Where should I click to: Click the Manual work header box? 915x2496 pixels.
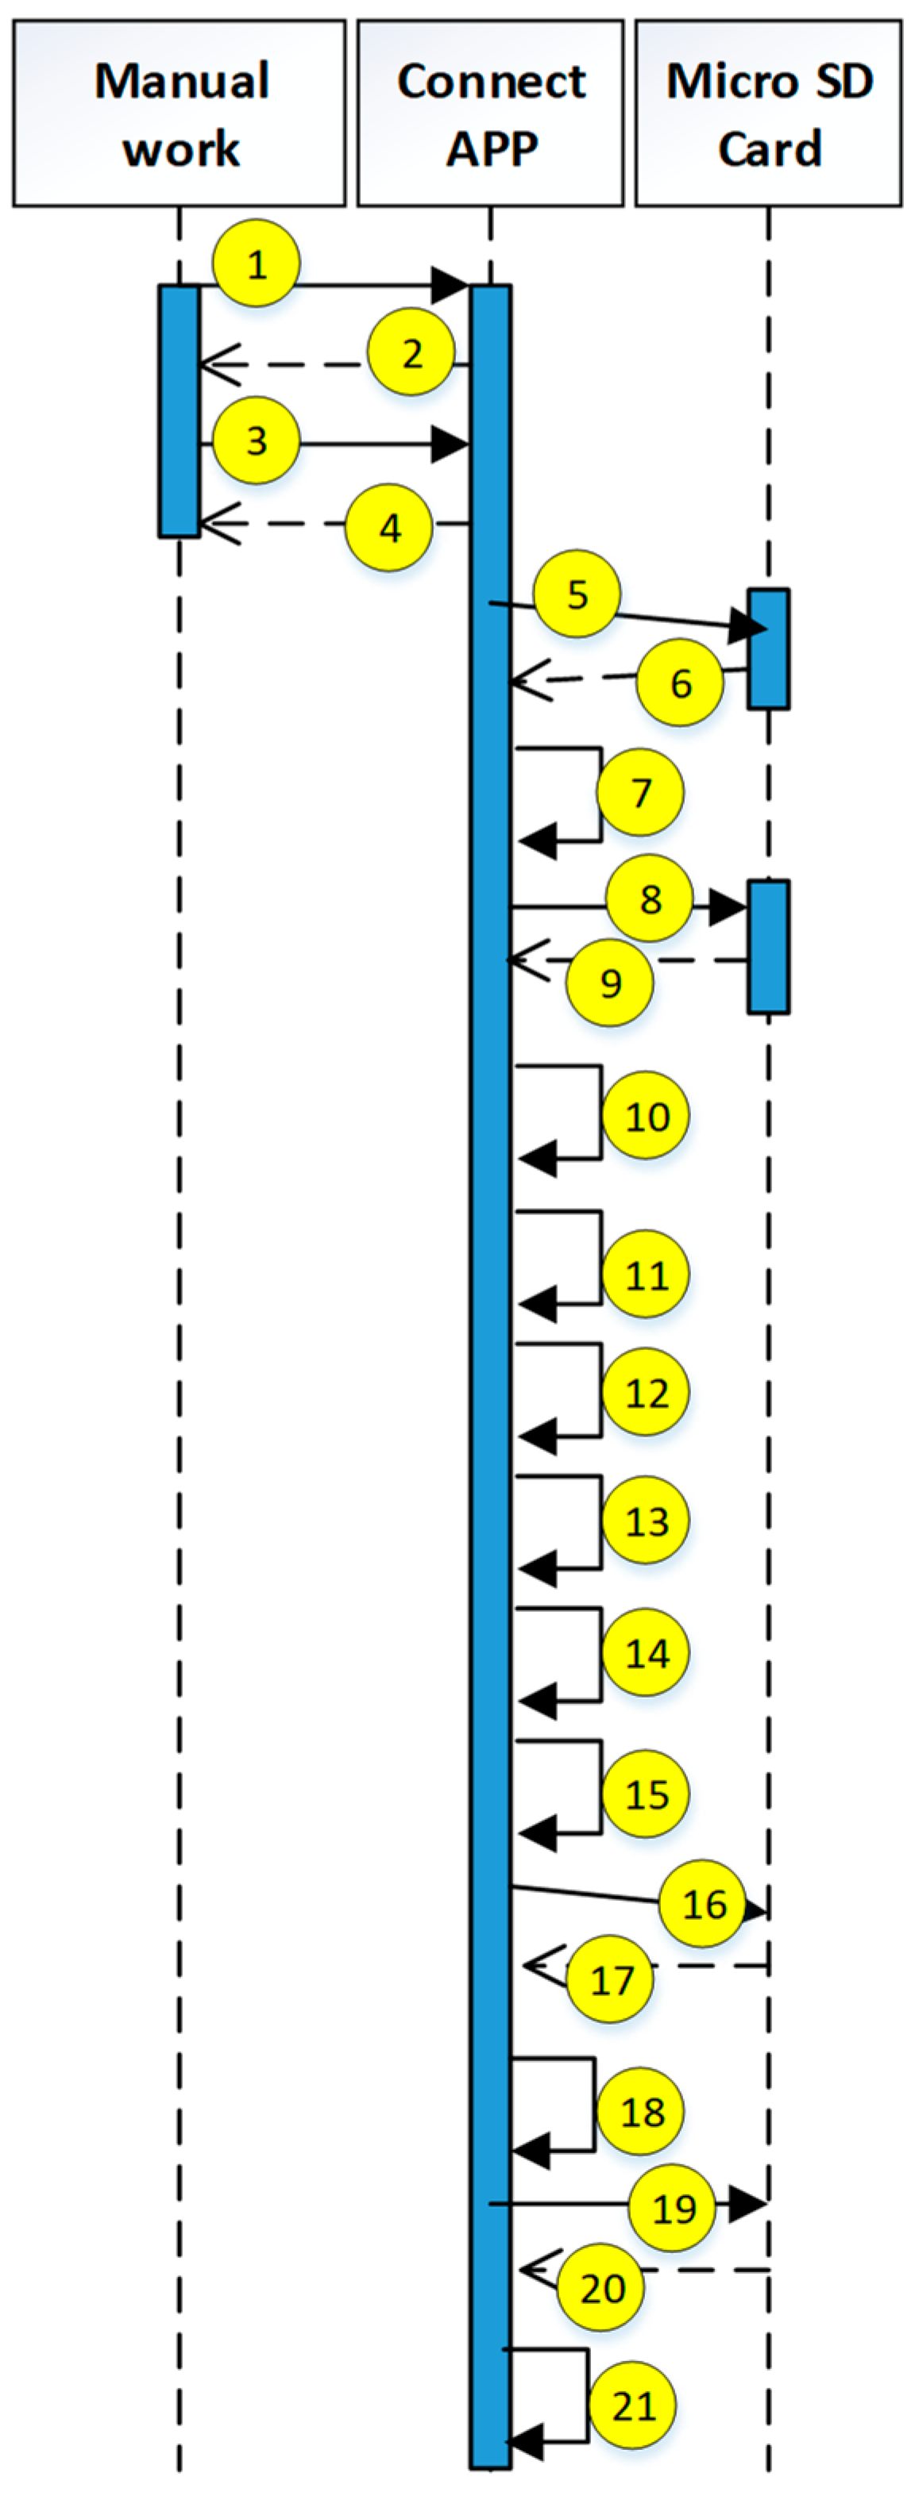point(180,113)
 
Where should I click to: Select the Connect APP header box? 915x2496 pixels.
point(490,113)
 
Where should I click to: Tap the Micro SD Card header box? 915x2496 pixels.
point(769,113)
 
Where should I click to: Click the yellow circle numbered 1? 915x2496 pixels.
point(257,264)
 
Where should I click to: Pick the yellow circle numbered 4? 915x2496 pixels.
point(390,529)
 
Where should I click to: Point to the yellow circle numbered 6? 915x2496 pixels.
point(681,683)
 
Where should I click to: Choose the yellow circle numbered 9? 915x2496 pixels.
point(611,983)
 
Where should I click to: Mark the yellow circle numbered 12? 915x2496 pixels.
point(647,1394)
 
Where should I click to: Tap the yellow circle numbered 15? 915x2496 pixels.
point(647,1794)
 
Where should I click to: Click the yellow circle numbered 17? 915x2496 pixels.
point(611,1980)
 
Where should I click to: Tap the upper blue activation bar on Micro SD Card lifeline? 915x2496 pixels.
point(769,648)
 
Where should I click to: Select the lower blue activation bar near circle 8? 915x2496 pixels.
point(769,947)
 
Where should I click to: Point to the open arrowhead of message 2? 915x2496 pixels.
point(215,365)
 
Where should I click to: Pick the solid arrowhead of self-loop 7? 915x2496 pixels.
point(537,841)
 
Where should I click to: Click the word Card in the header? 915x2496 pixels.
point(770,149)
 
